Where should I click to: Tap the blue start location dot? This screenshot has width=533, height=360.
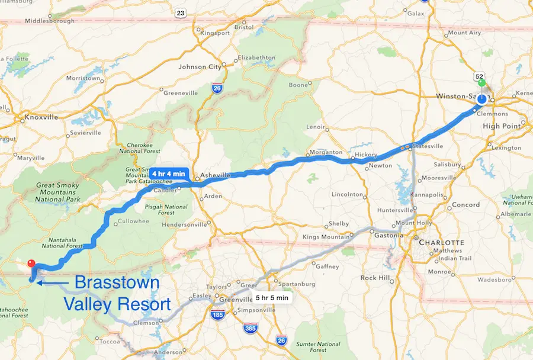(x=481, y=99)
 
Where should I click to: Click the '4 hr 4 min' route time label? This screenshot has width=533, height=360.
(x=172, y=173)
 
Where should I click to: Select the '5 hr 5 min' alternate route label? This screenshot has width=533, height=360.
(x=272, y=298)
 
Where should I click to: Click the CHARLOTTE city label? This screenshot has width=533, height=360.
(x=441, y=243)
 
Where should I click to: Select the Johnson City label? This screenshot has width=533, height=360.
(x=200, y=67)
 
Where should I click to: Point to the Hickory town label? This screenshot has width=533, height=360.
(x=365, y=154)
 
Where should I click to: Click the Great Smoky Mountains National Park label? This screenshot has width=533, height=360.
(x=57, y=192)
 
